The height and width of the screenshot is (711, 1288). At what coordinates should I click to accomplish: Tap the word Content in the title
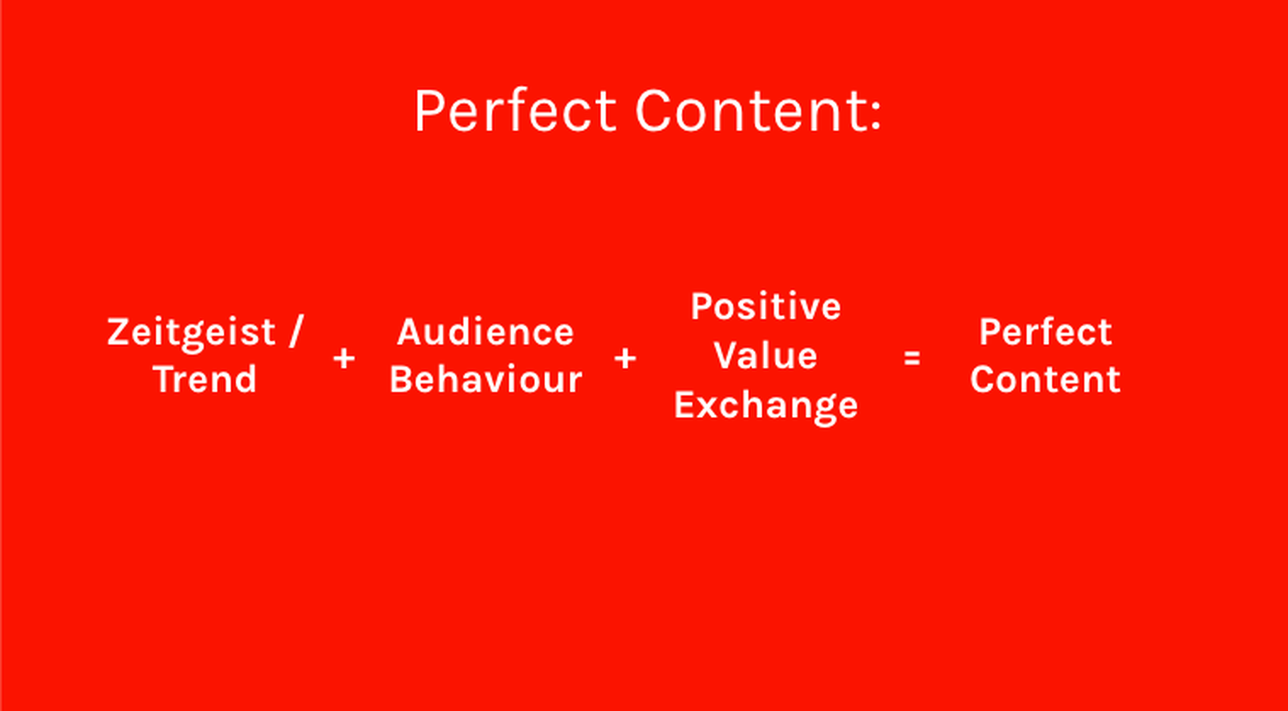coord(750,111)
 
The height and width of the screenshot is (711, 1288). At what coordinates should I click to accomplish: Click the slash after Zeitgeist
coord(296,332)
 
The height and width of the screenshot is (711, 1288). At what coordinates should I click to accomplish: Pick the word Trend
coord(205,379)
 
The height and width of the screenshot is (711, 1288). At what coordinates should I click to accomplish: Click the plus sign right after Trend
coord(344,359)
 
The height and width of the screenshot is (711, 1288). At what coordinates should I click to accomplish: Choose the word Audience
coord(485,333)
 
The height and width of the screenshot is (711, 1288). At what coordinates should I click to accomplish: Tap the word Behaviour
coord(486,379)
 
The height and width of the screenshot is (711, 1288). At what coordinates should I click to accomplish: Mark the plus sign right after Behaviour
coord(625,359)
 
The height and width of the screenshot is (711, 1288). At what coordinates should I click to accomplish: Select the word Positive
coord(766,307)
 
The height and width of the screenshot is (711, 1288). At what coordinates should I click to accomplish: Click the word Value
coord(766,355)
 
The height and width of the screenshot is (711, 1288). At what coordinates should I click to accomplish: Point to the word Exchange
coord(766,407)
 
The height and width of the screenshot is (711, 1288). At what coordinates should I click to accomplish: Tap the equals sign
coord(912,359)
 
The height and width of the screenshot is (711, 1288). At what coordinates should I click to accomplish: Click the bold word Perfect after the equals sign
coord(1045,333)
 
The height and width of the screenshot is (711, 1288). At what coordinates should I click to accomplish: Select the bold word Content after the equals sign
coord(1045,379)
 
